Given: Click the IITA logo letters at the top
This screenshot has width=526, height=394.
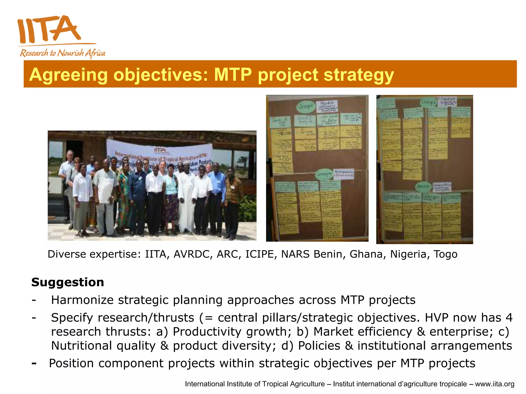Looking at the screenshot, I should tap(49, 29).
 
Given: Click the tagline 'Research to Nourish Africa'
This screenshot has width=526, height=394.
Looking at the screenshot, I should tap(62, 53).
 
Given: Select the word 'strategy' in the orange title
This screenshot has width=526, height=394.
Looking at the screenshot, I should tap(359, 75).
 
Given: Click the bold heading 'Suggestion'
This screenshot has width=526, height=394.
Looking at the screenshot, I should tap(68, 282).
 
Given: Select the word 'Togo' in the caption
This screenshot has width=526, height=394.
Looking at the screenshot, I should tap(445, 254).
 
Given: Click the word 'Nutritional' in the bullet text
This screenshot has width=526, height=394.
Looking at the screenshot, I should tap(81, 346).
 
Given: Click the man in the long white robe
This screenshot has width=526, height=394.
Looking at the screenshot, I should tap(187, 200).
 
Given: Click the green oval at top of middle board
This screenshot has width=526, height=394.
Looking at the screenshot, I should tap(306, 106).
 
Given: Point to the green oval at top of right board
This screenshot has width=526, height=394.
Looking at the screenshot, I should tap(428, 103).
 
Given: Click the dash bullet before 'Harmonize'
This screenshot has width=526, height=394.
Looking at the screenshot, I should tap(34, 300).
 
